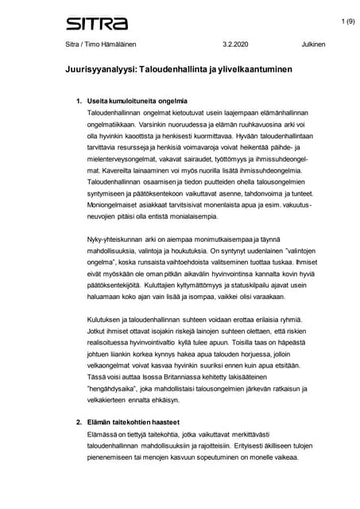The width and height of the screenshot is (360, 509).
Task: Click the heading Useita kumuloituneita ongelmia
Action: (137, 101)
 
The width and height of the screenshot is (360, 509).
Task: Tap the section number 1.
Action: (78, 101)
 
